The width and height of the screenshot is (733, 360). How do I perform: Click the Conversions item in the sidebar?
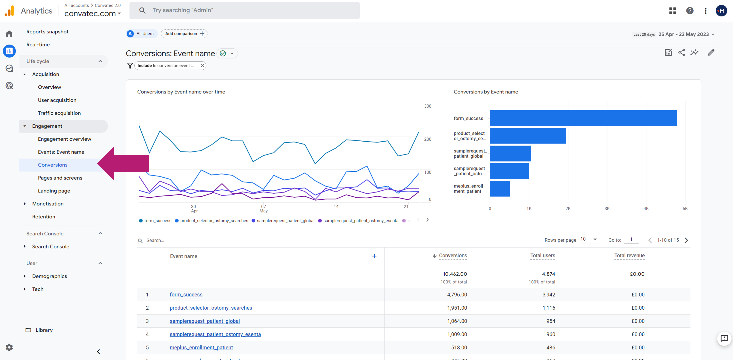53,165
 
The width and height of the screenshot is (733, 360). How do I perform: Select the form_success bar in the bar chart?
583,118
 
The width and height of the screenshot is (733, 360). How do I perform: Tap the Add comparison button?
184,34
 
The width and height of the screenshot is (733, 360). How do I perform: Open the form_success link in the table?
186,295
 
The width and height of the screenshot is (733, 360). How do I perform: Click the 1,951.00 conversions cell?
457,308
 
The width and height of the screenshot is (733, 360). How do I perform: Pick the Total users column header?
542,255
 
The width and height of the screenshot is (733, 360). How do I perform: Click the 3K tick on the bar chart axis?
607,209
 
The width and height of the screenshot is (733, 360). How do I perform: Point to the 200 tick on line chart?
427,139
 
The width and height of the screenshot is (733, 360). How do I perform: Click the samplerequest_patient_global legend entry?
285,221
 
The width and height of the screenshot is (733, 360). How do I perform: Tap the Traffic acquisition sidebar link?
59,113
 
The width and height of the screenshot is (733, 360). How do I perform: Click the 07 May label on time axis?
263,209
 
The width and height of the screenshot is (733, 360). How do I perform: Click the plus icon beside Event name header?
374,256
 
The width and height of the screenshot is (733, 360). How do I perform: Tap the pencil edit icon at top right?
711,53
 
